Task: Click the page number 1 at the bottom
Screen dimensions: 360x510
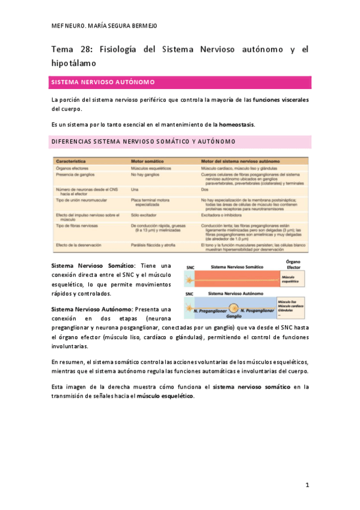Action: [x=307, y=485]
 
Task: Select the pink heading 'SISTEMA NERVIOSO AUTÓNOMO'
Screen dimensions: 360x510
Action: [x=103, y=82]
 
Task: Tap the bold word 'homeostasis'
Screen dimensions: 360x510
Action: [x=236, y=124]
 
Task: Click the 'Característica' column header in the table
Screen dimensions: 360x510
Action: [x=76, y=162]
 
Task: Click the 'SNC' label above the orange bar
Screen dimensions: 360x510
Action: [x=191, y=266]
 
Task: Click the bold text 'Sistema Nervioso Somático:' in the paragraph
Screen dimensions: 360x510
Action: [x=94, y=265]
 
